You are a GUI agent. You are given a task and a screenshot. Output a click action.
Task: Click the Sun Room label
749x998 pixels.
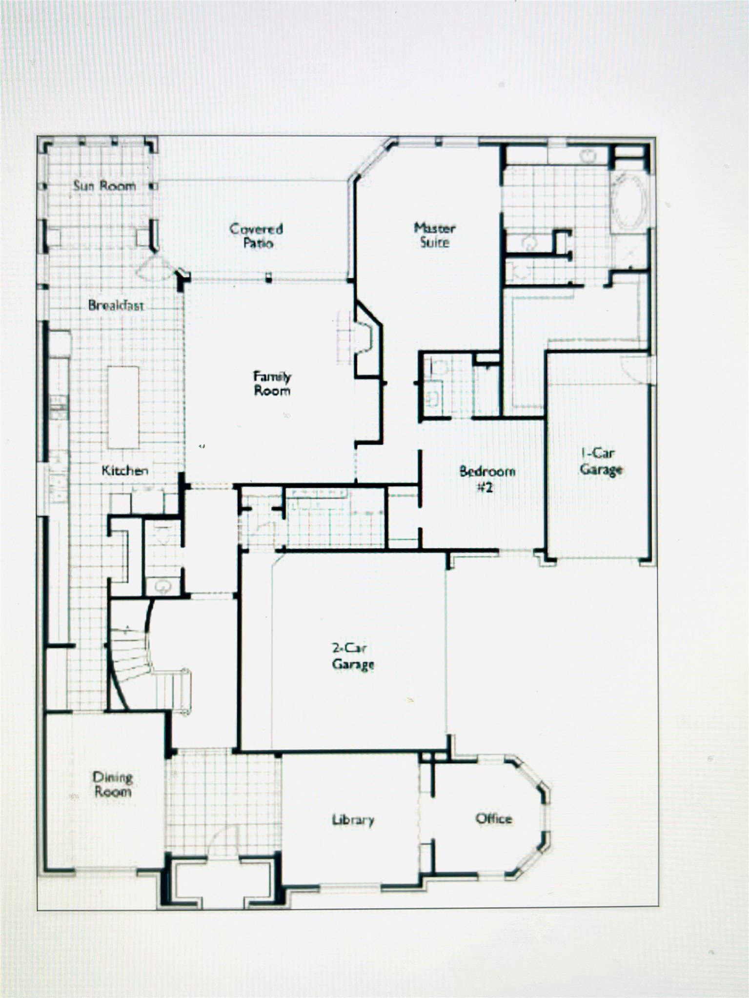(x=104, y=186)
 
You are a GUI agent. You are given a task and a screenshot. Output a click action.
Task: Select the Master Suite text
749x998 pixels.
(x=434, y=235)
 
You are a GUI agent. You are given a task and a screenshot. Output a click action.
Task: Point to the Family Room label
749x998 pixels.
(x=272, y=383)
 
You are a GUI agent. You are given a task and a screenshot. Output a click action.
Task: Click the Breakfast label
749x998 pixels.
(x=116, y=306)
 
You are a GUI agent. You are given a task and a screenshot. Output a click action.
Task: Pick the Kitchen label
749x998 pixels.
(x=124, y=471)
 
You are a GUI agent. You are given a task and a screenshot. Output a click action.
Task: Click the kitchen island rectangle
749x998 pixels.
(x=123, y=407)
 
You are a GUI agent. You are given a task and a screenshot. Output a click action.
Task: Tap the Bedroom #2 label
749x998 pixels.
(x=486, y=479)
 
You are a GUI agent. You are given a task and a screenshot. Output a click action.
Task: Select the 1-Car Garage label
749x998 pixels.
(x=601, y=461)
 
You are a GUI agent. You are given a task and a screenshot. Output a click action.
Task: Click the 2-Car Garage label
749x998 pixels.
(x=353, y=656)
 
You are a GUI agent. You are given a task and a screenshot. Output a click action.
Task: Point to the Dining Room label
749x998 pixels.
(x=113, y=784)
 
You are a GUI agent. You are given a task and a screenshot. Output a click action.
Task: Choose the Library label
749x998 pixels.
(x=353, y=820)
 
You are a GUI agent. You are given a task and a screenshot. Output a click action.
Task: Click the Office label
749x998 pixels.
(x=494, y=818)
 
